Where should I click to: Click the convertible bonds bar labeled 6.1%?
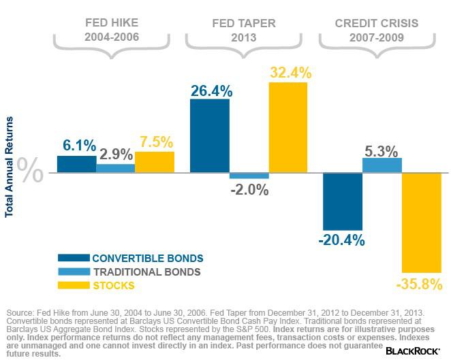[x=76, y=164]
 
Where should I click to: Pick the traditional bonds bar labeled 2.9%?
[x=115, y=168]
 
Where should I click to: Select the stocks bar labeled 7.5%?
[x=155, y=162]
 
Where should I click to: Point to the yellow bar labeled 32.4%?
[x=287, y=127]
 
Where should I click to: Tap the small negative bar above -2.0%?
[x=249, y=176]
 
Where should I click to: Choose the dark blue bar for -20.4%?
[x=342, y=201]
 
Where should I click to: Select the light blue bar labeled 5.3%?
[x=382, y=165]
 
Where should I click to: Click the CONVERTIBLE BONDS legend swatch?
[x=73, y=258]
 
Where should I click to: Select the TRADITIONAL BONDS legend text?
[x=146, y=272]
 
